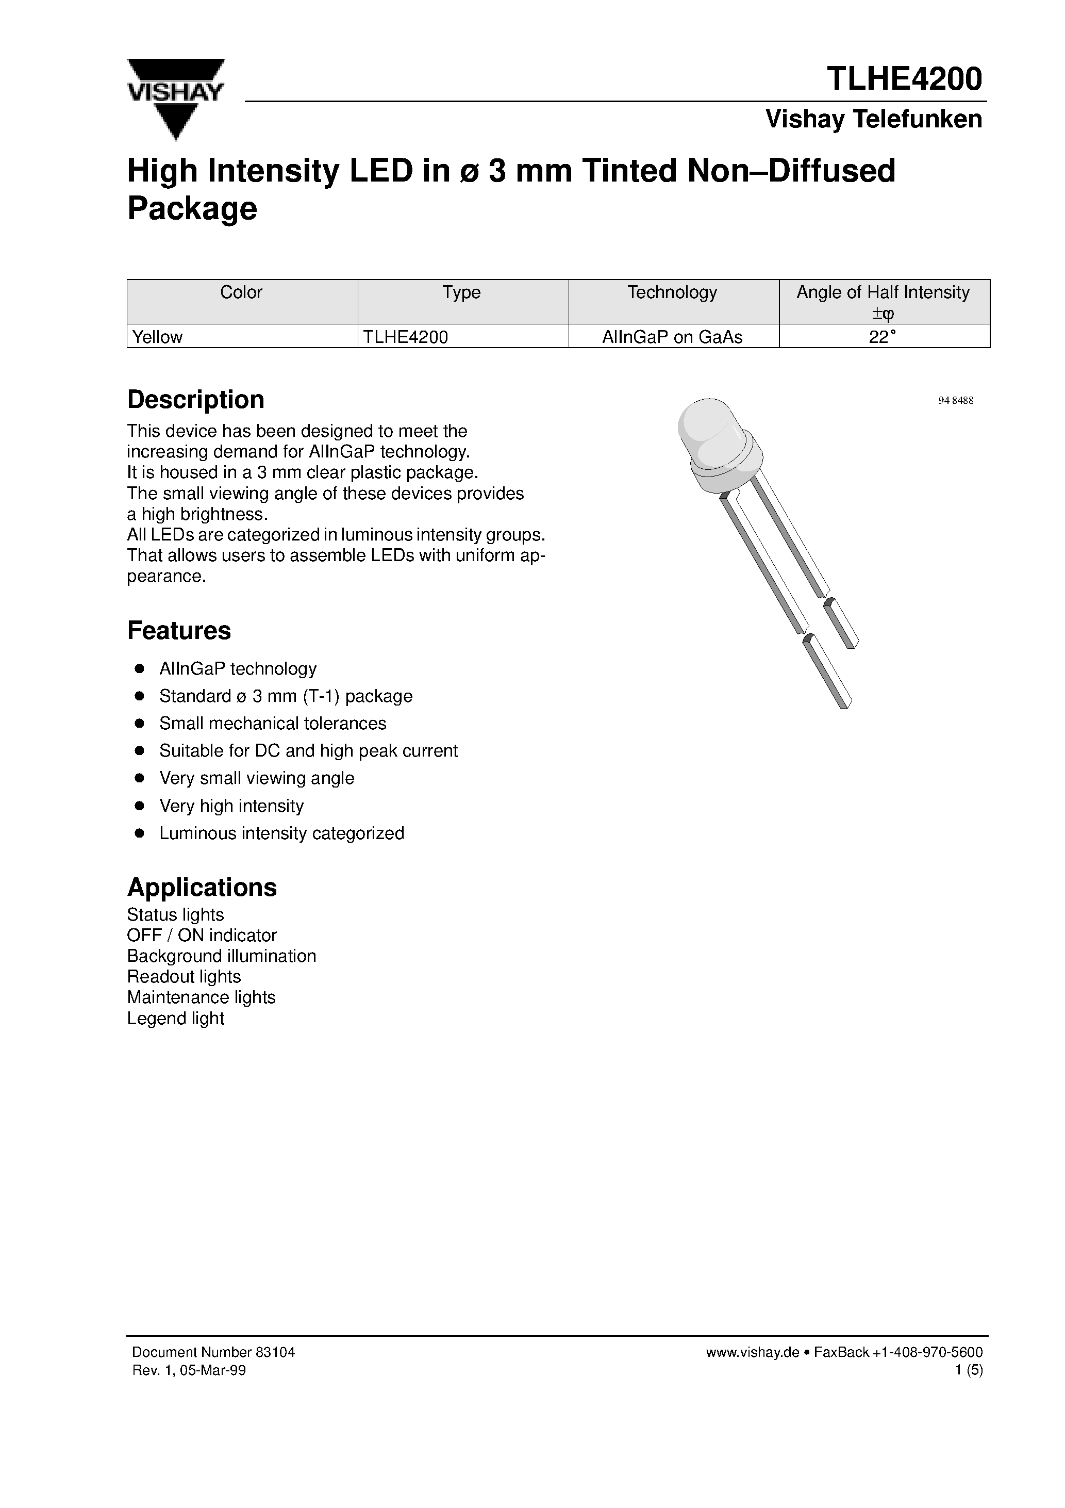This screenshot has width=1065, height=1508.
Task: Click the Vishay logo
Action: pyautogui.click(x=175, y=99)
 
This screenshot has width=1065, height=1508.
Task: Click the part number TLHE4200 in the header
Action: pyautogui.click(x=904, y=79)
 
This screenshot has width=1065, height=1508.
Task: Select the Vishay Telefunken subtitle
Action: pyautogui.click(x=873, y=120)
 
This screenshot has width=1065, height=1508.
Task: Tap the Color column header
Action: pyautogui.click(x=241, y=293)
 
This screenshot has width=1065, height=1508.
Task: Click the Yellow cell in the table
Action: pyautogui.click(x=158, y=337)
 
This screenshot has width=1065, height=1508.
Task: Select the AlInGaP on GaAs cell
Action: pyautogui.click(x=672, y=337)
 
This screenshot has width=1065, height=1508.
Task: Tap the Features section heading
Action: pyautogui.click(x=178, y=631)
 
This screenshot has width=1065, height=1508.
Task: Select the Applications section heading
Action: pyautogui.click(x=202, y=888)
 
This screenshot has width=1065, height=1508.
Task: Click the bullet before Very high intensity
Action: pyautogui.click(x=139, y=806)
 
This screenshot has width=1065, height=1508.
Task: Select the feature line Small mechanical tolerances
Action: pyautogui.click(x=273, y=723)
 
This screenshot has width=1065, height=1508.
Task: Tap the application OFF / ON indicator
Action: pyautogui.click(x=202, y=935)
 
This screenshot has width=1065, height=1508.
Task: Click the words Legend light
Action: pyautogui.click(x=175, y=1018)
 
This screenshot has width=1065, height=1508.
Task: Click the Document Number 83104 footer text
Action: pyautogui.click(x=213, y=1352)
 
